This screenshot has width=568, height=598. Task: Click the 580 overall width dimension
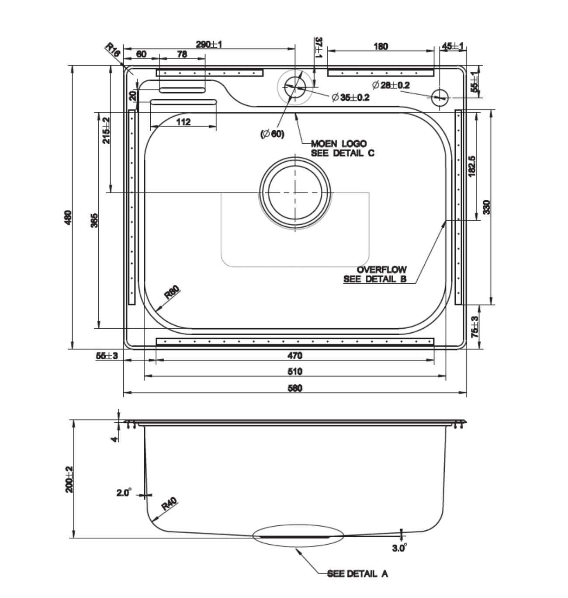[295, 388]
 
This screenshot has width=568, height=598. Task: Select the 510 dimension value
[295, 372]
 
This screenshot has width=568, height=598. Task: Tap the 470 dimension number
[295, 355]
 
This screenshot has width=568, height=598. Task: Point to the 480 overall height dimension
[67, 217]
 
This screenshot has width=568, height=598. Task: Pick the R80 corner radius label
[172, 292]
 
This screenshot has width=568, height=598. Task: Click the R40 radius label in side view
[168, 506]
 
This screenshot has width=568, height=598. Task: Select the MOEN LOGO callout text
[339, 143]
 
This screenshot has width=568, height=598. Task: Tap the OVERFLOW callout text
[381, 270]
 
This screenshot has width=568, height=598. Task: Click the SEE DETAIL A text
[357, 574]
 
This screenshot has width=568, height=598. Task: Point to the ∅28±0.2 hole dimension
[391, 85]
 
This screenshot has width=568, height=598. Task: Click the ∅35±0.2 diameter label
[350, 97]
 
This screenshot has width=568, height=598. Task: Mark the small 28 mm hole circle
[440, 96]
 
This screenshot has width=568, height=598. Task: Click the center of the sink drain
[295, 192]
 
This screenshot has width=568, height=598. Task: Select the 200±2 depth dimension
[69, 480]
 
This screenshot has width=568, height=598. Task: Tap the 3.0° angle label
[399, 548]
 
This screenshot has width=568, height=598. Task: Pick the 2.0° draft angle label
[124, 493]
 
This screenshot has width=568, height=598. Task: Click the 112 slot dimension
[184, 122]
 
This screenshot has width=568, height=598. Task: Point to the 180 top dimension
[381, 46]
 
